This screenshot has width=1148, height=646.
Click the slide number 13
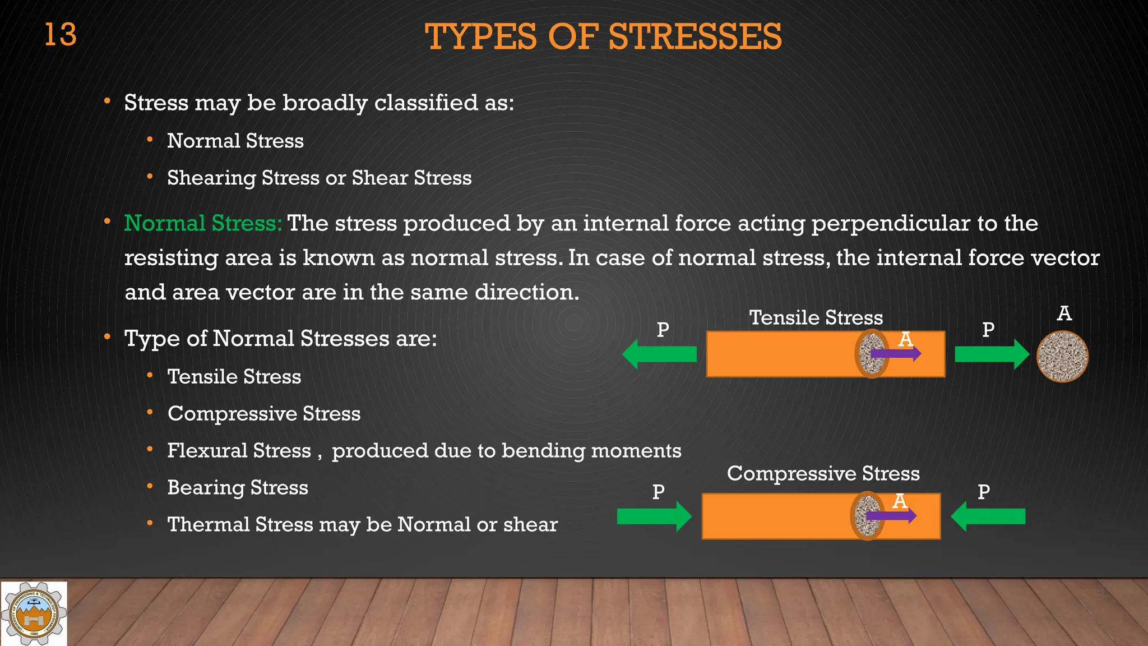[x=60, y=35]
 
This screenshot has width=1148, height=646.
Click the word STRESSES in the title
[x=695, y=37]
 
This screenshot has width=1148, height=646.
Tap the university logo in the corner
[x=34, y=613]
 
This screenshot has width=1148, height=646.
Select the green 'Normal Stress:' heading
[x=203, y=223]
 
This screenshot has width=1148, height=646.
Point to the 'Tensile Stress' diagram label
[x=816, y=317]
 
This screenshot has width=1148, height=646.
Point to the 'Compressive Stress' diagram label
[x=823, y=473]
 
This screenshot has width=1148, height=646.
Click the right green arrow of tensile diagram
[x=992, y=354]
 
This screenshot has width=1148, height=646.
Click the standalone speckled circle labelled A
[x=1062, y=357]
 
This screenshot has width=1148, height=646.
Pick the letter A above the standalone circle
[x=1064, y=313]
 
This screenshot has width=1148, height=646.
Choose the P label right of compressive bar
[x=983, y=492]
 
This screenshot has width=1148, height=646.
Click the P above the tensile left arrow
[x=663, y=329]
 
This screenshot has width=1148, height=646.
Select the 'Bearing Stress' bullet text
[x=238, y=487]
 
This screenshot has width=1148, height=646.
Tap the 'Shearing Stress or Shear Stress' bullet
[x=319, y=178]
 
